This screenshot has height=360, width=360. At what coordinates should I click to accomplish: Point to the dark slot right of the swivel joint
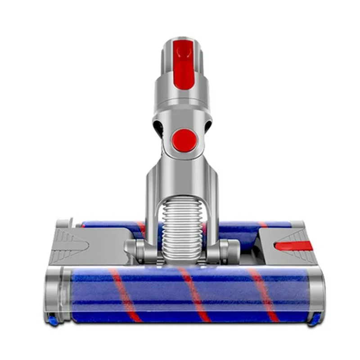click(x=208, y=126)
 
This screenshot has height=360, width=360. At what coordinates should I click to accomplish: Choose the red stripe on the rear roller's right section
click(x=263, y=225)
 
